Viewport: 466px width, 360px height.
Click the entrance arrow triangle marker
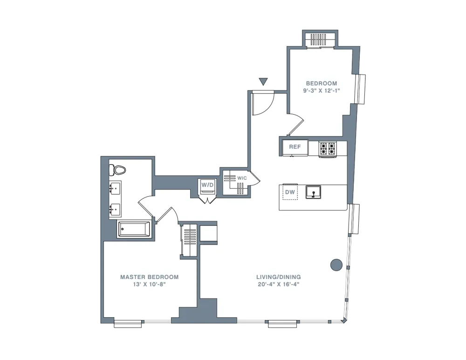(x=263, y=82)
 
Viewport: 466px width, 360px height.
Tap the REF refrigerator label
(x=295, y=147)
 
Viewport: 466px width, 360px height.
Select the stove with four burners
(x=327, y=149)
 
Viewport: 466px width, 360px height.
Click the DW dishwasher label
(x=290, y=191)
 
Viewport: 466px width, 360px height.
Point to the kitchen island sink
(x=313, y=191)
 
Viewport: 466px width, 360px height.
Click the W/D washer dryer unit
(x=207, y=185)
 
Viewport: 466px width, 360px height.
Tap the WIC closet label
(x=242, y=178)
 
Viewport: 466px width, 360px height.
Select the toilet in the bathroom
(x=116, y=170)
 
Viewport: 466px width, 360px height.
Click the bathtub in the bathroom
(x=134, y=229)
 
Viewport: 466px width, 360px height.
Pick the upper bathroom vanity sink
(x=115, y=189)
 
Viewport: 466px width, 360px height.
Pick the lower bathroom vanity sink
(x=115, y=211)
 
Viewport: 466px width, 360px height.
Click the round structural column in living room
(x=336, y=265)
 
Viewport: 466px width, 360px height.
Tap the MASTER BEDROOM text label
(x=149, y=277)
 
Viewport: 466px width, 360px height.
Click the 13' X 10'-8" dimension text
(x=149, y=285)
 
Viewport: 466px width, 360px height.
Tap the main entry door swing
(x=259, y=103)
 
